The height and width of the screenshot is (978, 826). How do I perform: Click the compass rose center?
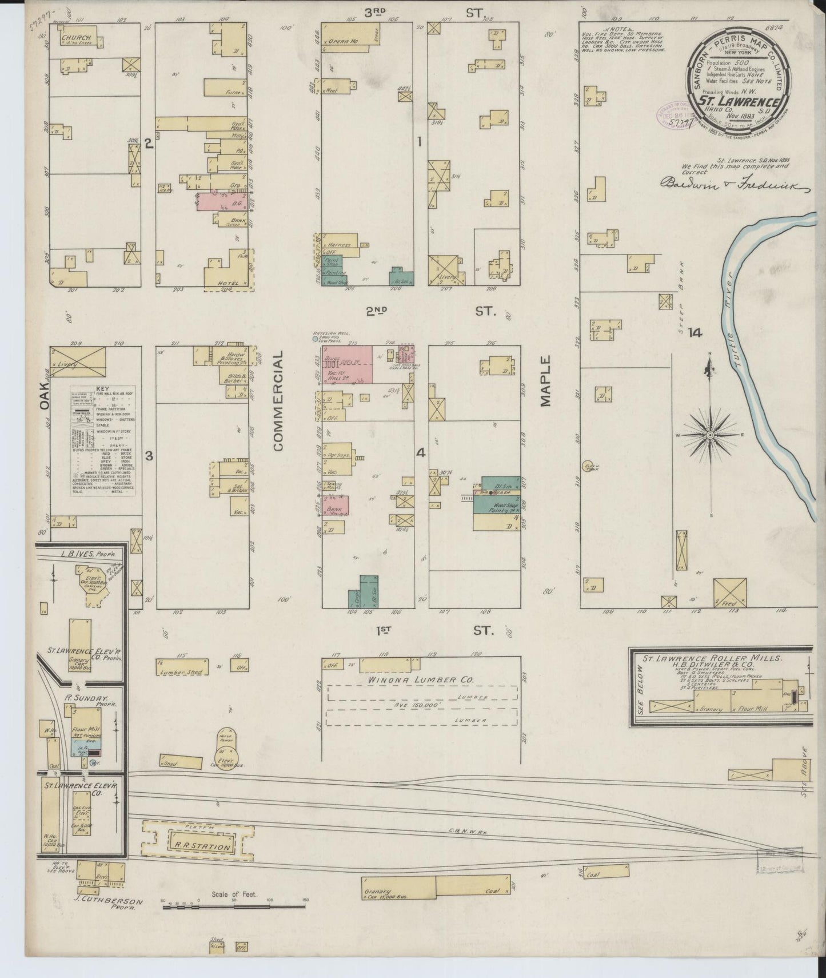pyautogui.click(x=709, y=436)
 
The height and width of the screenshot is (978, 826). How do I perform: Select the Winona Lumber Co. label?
pyautogui.click(x=420, y=680)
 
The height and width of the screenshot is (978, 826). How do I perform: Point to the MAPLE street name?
pyautogui.click(x=546, y=381)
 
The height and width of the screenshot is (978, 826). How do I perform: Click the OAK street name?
pyautogui.click(x=45, y=395)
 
